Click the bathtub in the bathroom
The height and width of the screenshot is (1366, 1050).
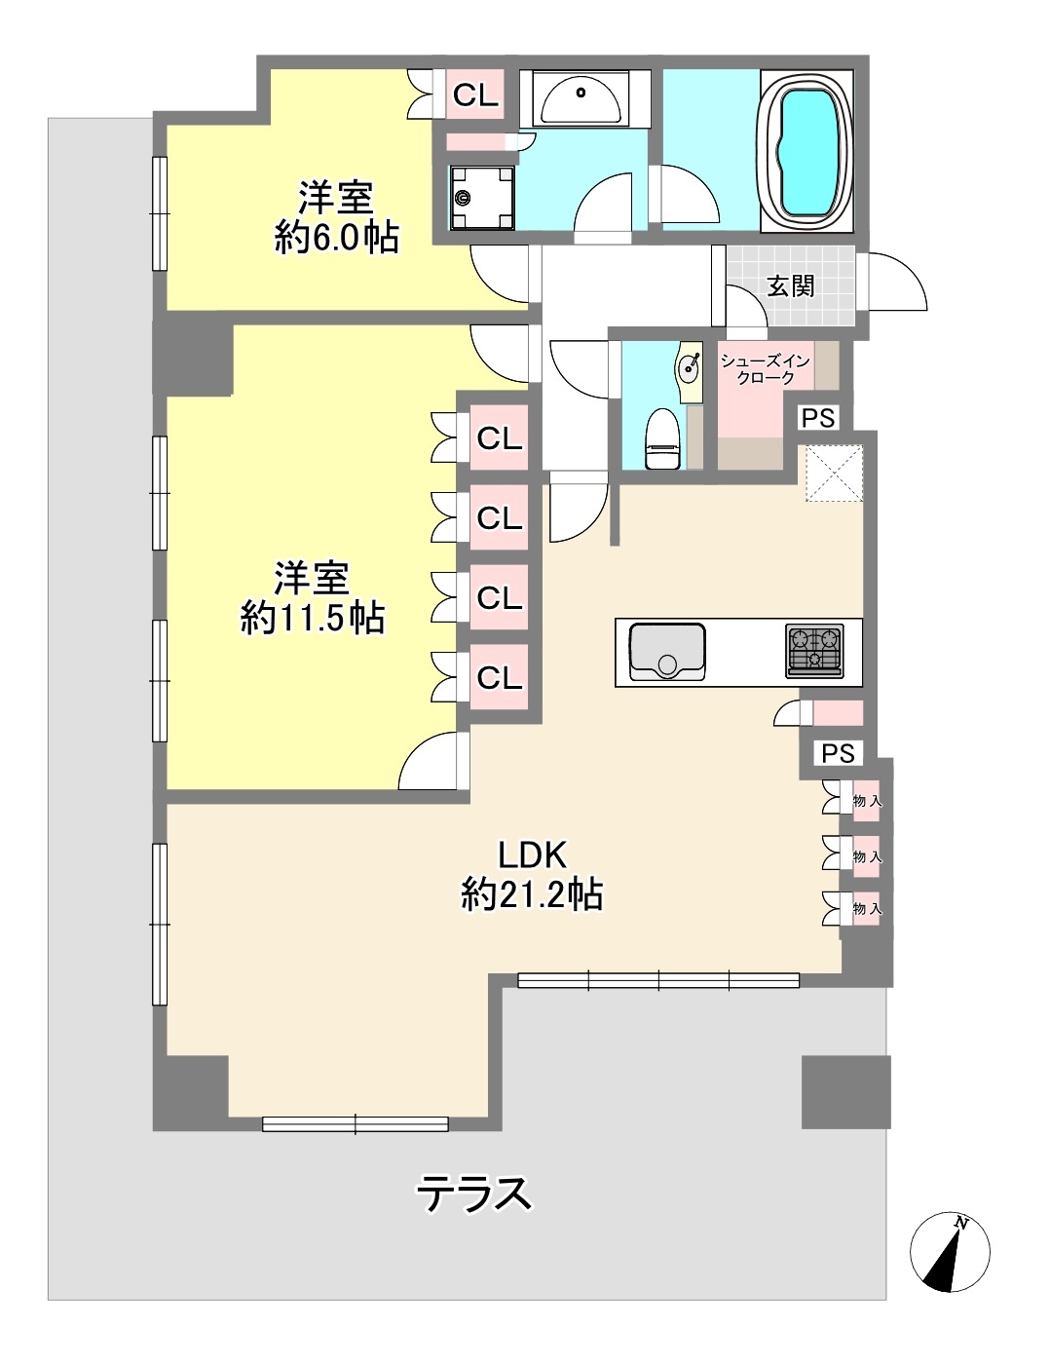click(807, 151)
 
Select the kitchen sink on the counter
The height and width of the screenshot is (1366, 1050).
click(666, 652)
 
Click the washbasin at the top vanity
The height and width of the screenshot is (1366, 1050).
click(581, 99)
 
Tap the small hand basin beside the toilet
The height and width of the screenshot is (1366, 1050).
click(690, 371)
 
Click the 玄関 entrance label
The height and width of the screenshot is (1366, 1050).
click(791, 286)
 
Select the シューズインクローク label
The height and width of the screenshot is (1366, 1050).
click(766, 369)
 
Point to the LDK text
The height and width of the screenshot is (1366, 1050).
click(533, 854)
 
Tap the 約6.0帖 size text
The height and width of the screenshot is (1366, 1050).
click(336, 239)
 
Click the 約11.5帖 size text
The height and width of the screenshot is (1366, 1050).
click(313, 619)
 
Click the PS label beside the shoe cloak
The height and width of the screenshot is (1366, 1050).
click(818, 418)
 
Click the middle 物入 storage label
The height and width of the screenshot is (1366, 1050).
click(867, 856)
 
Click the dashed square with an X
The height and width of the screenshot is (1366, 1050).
click(835, 473)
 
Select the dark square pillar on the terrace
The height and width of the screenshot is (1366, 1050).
click(845, 1092)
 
